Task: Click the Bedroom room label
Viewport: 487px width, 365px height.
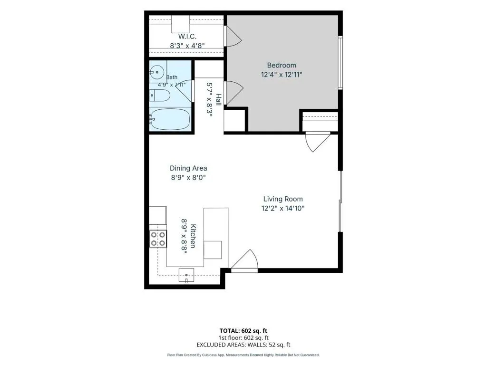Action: [x=282, y=65]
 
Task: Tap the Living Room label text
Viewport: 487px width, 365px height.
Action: [x=283, y=199]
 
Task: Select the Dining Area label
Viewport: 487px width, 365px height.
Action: [x=188, y=168]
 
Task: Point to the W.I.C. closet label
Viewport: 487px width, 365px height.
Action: [x=187, y=36]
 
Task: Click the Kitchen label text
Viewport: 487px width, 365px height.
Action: [x=193, y=236]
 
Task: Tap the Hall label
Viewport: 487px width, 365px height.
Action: [x=219, y=99]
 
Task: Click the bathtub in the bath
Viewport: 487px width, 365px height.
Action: [x=170, y=119]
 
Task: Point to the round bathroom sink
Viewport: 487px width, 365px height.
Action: [x=157, y=72]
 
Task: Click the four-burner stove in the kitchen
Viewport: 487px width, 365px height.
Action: [x=158, y=239]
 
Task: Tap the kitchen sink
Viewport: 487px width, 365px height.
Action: [x=186, y=275]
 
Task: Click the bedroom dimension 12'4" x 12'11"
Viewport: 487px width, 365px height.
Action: [x=282, y=75]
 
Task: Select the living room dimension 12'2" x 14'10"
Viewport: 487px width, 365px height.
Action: [x=283, y=208]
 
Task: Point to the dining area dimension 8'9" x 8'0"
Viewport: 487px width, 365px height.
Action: [x=188, y=178]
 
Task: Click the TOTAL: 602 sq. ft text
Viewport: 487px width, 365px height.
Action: [x=243, y=331]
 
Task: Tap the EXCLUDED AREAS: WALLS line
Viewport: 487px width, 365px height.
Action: [x=243, y=345]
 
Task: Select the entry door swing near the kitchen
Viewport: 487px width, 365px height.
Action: [x=245, y=261]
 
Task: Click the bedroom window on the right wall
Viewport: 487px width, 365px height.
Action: [x=341, y=63]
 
